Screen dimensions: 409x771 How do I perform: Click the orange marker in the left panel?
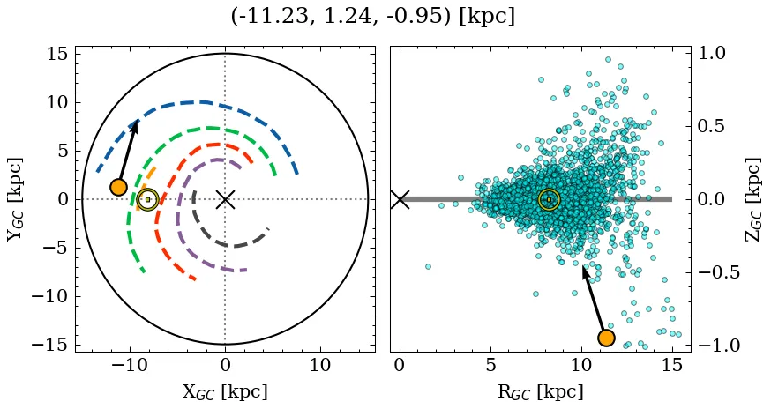118,187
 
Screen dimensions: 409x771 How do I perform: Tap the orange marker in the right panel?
606,338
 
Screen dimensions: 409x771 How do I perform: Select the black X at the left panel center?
225,199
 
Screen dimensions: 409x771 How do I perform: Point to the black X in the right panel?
400,199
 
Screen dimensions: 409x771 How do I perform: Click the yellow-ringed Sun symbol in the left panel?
147,200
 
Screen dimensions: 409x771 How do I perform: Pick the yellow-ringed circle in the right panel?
549,200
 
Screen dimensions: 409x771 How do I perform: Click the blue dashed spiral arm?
203,102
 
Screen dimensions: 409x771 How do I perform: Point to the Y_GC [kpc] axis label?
14,199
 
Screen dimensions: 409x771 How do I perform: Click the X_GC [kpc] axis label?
225,391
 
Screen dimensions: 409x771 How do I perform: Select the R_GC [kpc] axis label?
541,391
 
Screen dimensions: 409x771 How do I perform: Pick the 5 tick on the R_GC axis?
490,365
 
